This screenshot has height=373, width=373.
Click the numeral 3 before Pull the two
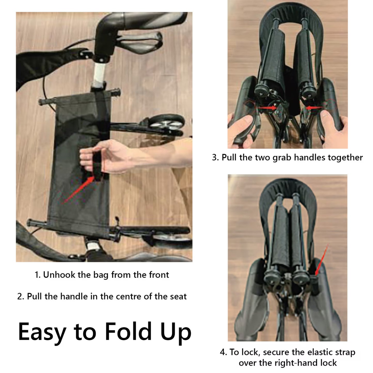click(x=215, y=157)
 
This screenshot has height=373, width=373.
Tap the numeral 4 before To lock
click(x=222, y=353)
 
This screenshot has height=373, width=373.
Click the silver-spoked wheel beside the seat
click(x=166, y=122)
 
